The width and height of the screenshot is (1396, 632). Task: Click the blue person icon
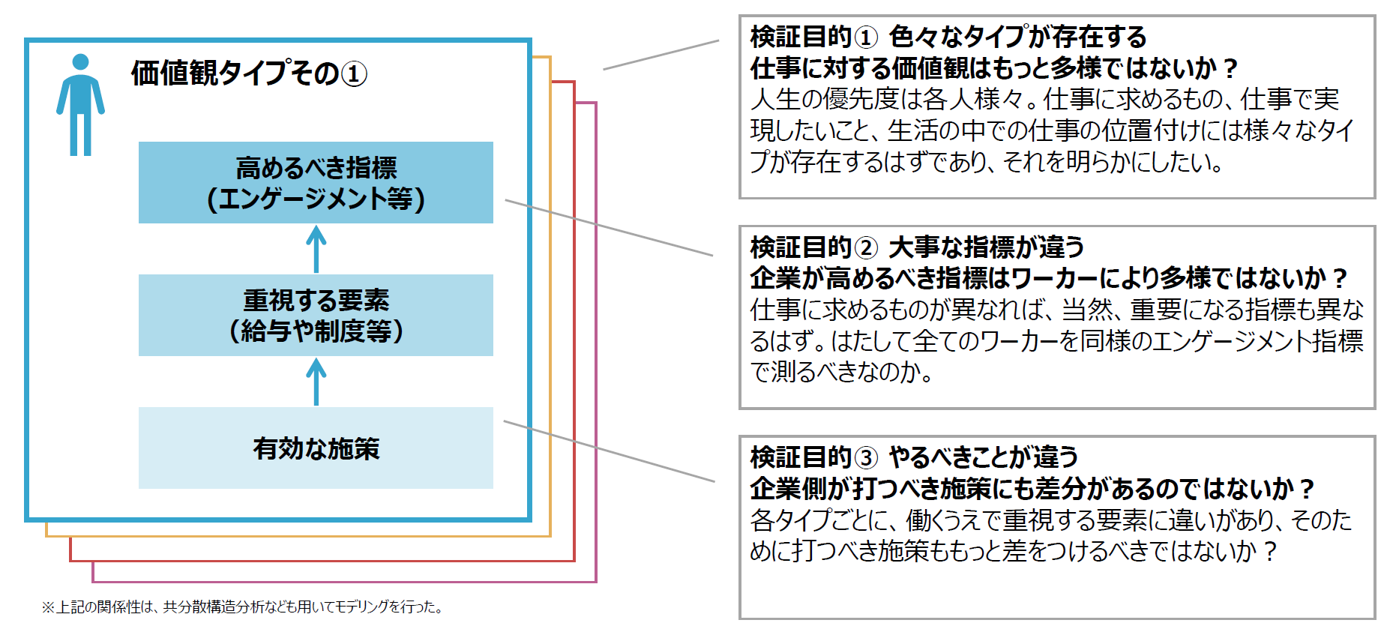pyautogui.click(x=80, y=105)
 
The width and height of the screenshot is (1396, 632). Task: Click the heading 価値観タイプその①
pyautogui.click(x=249, y=73)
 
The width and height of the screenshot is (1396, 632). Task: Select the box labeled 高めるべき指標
pyautogui.click(x=316, y=182)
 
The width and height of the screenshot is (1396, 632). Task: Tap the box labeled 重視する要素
pyautogui.click(x=316, y=315)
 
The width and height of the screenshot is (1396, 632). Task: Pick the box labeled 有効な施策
pyautogui.click(x=316, y=448)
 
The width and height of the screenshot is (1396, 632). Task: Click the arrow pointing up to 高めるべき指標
pyautogui.click(x=316, y=249)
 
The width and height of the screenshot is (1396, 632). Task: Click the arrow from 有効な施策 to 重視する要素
pyautogui.click(x=316, y=382)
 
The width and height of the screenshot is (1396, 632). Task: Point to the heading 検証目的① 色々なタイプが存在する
pyautogui.click(x=948, y=37)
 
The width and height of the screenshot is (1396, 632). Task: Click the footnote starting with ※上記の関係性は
pyautogui.click(x=243, y=607)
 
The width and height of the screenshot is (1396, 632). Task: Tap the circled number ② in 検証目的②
pyautogui.click(x=865, y=247)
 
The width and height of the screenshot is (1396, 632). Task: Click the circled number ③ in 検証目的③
pyautogui.click(x=865, y=457)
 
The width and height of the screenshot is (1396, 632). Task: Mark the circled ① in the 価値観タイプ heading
pyautogui.click(x=354, y=74)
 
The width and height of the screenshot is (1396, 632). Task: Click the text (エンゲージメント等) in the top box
pyautogui.click(x=316, y=199)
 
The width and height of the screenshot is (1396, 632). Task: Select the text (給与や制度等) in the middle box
pyautogui.click(x=316, y=331)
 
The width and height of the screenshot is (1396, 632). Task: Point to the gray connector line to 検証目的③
pyautogui.click(x=609, y=451)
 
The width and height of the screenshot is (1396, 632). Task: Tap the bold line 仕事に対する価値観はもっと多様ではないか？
pyautogui.click(x=993, y=68)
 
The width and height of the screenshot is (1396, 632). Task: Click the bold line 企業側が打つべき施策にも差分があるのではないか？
pyautogui.click(x=1032, y=489)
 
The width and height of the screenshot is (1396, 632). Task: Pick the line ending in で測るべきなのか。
pyautogui.click(x=841, y=372)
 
